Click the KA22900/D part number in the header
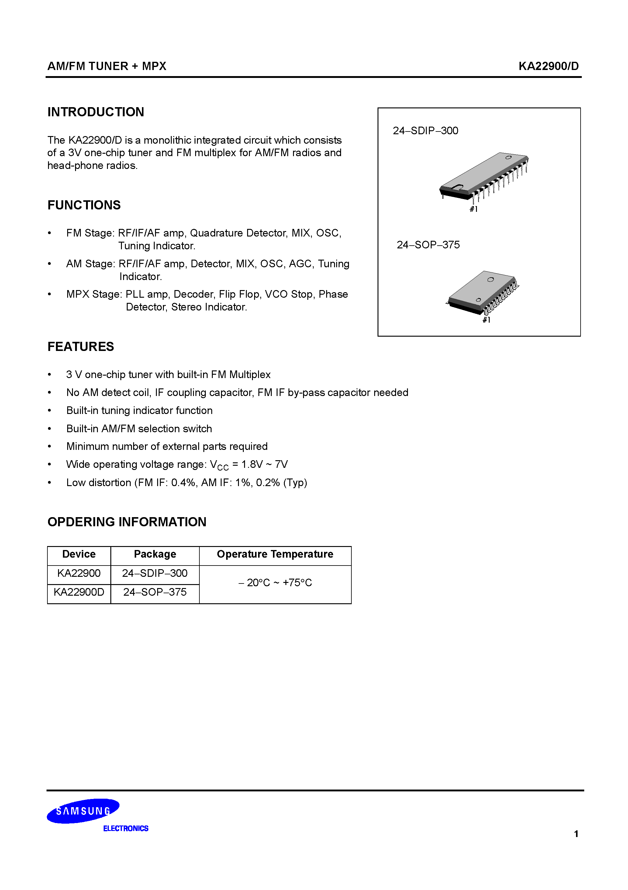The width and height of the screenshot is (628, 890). coord(548,66)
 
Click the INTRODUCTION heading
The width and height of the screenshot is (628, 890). coord(96,112)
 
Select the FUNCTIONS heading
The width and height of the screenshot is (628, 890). coord(84,205)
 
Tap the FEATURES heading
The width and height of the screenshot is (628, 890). coord(81,347)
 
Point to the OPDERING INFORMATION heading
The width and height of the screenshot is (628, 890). coord(127,522)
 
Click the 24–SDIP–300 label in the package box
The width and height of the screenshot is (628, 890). coord(425,131)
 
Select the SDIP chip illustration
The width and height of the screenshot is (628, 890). coord(484,176)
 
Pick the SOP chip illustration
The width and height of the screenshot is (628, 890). coord(482,293)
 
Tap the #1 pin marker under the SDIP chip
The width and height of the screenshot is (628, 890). coord(473,209)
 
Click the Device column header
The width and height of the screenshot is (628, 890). coord(79,554)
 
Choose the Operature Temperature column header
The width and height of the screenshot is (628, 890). coord(275,554)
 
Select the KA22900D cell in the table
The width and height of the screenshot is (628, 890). coord(79,592)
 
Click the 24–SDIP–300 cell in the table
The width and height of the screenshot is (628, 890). coord(154,573)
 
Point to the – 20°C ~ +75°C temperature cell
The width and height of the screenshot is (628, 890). coord(275,583)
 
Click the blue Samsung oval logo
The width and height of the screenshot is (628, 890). coord(83,811)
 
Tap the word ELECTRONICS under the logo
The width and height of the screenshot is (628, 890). coord(126,829)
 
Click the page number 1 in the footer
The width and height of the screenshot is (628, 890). coord(576,834)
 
